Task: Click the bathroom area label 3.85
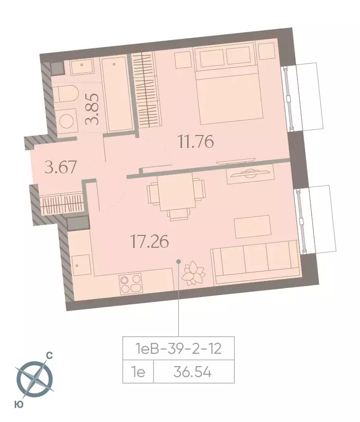(x=92, y=109)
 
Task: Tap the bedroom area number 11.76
(x=196, y=142)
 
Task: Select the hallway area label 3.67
(x=61, y=167)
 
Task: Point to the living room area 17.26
(x=149, y=241)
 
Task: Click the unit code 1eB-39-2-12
(x=178, y=349)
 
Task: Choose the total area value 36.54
(x=193, y=372)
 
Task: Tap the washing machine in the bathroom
(x=66, y=121)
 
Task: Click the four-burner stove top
(x=131, y=284)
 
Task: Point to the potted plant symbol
(x=193, y=273)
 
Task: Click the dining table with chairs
(x=176, y=195)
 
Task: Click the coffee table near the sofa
(x=252, y=226)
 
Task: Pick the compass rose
(x=35, y=379)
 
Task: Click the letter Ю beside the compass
(x=19, y=404)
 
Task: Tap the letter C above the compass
(x=50, y=356)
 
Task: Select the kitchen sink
(x=81, y=265)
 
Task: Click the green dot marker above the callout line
(x=178, y=261)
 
